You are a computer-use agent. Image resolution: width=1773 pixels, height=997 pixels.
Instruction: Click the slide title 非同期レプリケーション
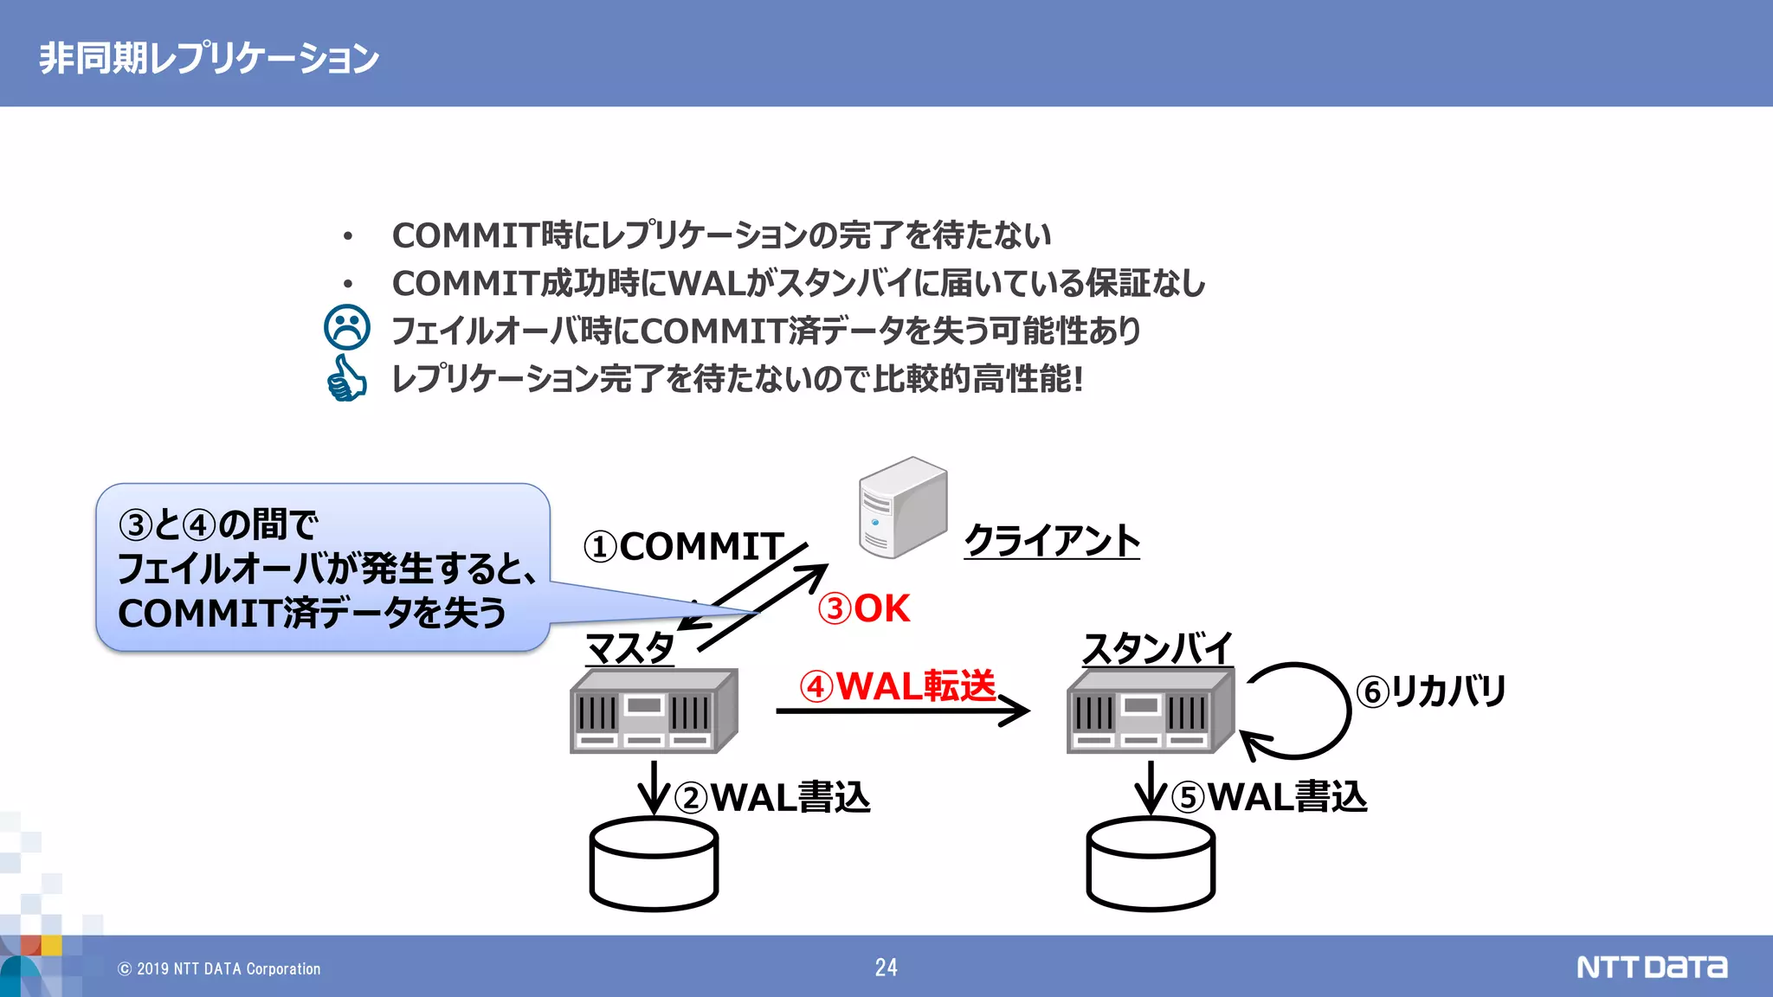click(x=209, y=58)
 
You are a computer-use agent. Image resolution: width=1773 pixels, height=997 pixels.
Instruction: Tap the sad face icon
click(x=346, y=328)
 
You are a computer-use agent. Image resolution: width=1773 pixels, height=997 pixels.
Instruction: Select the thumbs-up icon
click(x=346, y=378)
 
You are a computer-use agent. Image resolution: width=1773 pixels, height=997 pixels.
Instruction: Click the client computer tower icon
click(x=902, y=507)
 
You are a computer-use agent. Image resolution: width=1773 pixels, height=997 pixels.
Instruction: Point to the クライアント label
click(x=1052, y=540)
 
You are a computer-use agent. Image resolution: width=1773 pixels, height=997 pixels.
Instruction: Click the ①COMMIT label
click(x=684, y=546)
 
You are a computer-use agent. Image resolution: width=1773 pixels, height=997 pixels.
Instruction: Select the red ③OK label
click(x=864, y=608)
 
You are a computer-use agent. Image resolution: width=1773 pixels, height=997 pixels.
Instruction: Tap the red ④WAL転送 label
click(x=898, y=686)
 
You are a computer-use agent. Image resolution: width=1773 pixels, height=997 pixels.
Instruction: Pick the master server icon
click(x=654, y=711)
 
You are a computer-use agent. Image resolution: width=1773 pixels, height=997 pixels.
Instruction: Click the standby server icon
click(x=1151, y=711)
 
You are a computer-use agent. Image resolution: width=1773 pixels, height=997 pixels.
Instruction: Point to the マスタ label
click(x=629, y=647)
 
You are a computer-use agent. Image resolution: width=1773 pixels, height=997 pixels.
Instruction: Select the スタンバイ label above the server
click(x=1157, y=647)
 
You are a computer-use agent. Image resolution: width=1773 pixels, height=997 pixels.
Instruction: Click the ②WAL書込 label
click(x=772, y=797)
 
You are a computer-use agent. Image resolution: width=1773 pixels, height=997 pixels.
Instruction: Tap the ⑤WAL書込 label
click(x=1269, y=797)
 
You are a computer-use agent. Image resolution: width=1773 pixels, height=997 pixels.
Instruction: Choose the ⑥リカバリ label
click(x=1431, y=691)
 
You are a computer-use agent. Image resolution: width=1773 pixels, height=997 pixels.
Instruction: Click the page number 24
click(x=886, y=968)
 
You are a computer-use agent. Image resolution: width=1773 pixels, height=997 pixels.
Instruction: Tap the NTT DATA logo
click(x=1651, y=967)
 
